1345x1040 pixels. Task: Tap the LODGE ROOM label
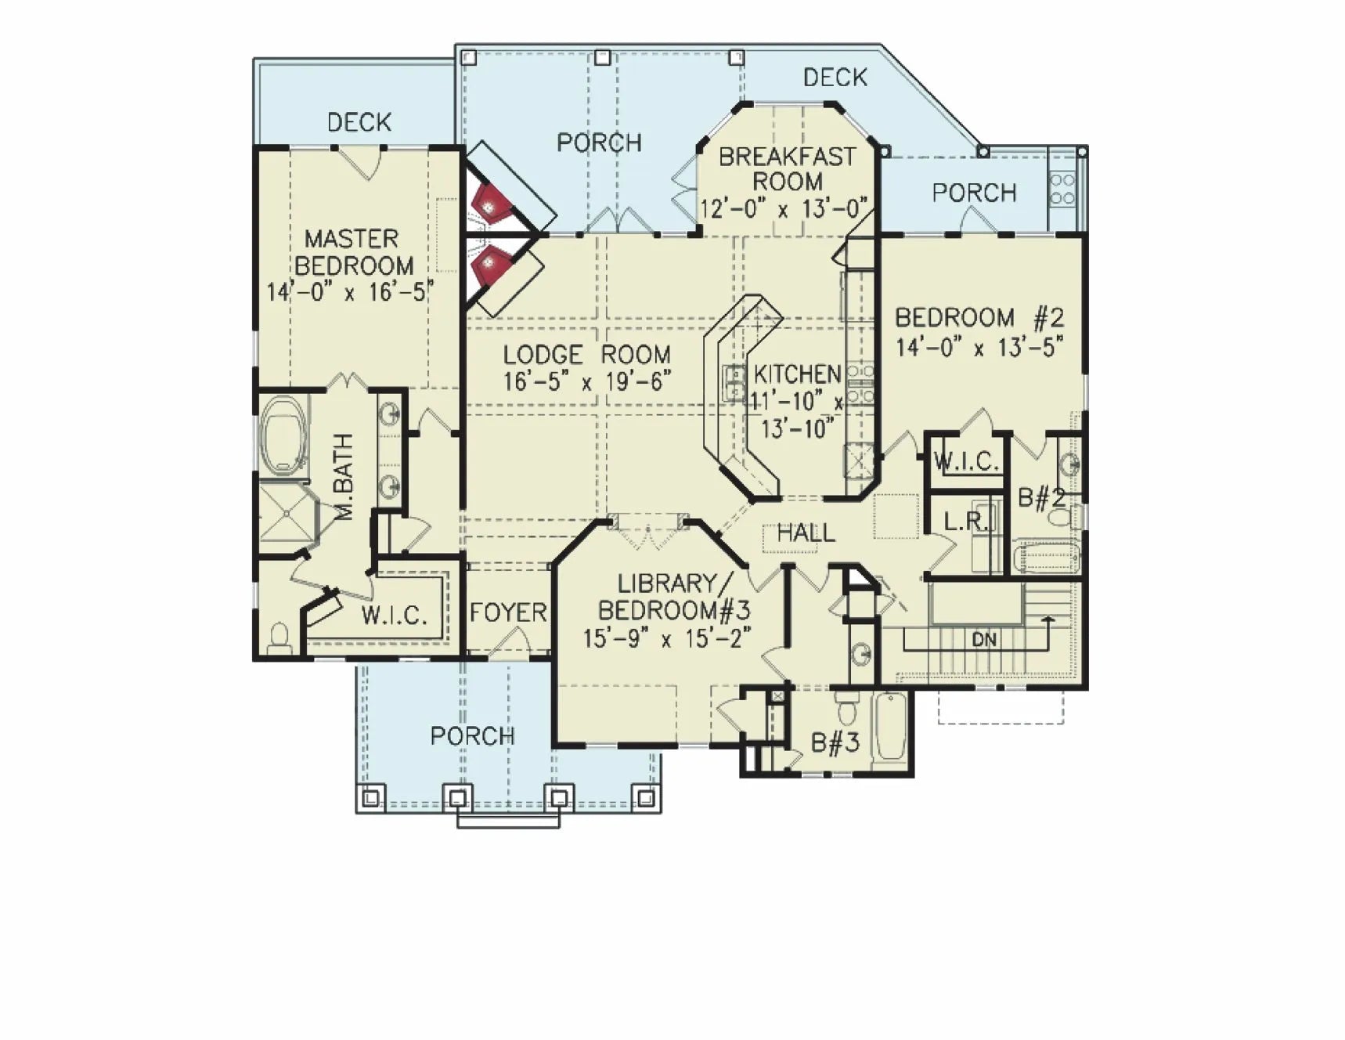click(586, 355)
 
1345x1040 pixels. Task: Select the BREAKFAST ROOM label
click(787, 169)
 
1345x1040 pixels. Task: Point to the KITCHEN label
click(797, 374)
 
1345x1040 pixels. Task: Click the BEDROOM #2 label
click(979, 318)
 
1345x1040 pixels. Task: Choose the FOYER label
click(508, 612)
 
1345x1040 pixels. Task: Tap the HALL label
click(806, 533)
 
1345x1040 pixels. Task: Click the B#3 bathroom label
click(835, 742)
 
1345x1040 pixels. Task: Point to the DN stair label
click(984, 640)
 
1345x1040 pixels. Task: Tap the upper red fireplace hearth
click(492, 205)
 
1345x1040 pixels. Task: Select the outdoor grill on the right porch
click(1062, 189)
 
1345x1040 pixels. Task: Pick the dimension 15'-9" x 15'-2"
click(668, 638)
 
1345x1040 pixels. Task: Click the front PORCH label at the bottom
click(473, 736)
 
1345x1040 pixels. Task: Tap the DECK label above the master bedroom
click(359, 122)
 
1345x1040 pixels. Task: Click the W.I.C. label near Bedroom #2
click(967, 462)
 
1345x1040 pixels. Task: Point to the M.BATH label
click(344, 477)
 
